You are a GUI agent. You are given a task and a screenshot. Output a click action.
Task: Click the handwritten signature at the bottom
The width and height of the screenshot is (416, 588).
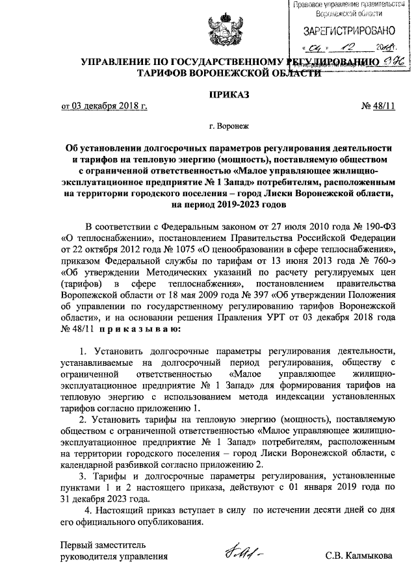click(x=243, y=553)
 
